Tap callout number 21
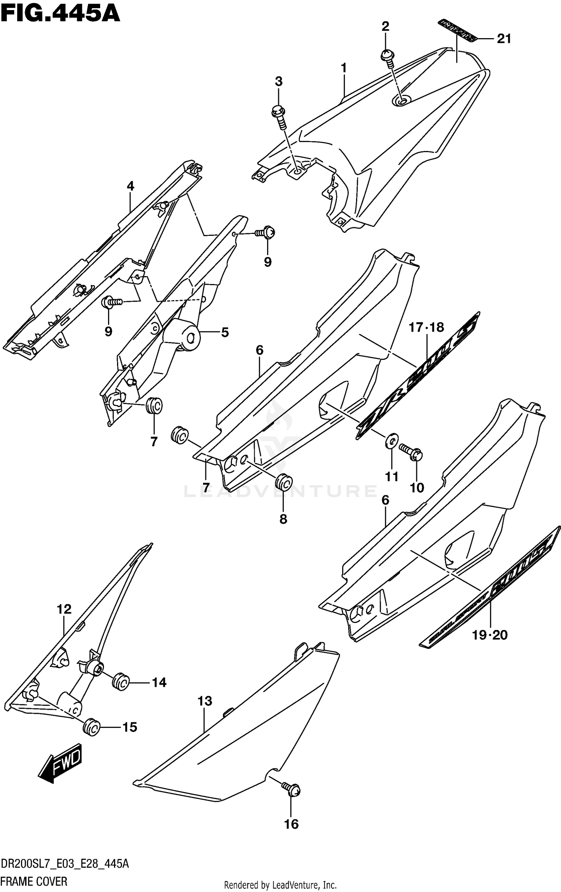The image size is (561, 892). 504,39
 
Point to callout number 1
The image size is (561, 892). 343,68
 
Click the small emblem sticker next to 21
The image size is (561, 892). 457,30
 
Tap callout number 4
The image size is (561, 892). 130,186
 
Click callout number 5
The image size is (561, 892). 225,332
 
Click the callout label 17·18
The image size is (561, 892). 426,327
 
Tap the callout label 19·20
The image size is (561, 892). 490,635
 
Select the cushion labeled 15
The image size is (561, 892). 91,727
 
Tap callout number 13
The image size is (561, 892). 205,701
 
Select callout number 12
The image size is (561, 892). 64,609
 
